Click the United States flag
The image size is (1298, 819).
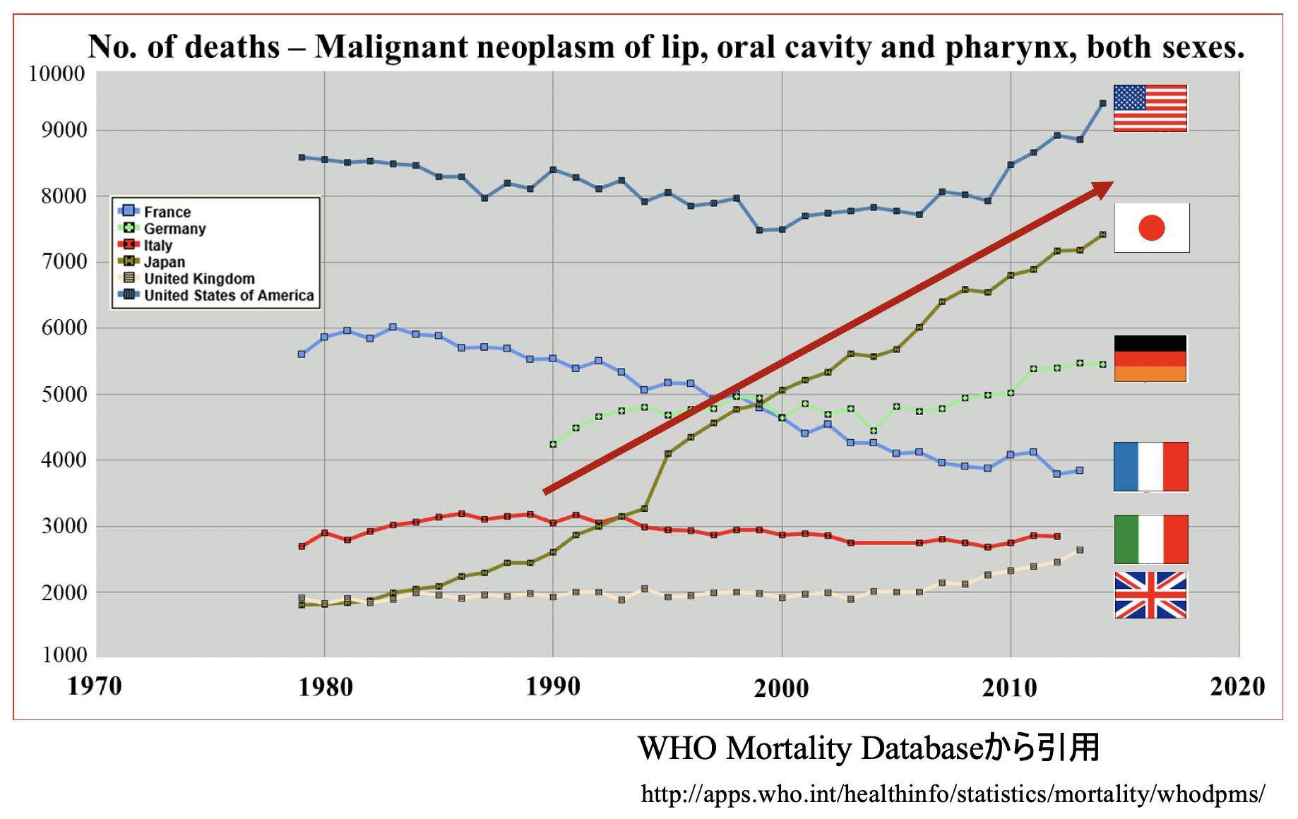coord(1150,108)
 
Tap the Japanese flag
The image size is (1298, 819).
coord(1151,227)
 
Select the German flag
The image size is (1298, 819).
coord(1150,359)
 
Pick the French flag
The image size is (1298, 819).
coord(1150,467)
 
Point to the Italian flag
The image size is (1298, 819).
coord(1150,539)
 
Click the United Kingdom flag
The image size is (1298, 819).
coord(1150,594)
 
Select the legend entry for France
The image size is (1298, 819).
coord(167,212)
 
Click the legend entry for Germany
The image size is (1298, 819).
coord(174,229)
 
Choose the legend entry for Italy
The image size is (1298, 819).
coord(157,246)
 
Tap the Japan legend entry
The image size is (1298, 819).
coord(164,262)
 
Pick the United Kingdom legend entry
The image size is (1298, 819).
coord(199,279)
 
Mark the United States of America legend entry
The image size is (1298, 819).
coord(229,295)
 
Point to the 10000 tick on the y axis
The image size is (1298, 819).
coord(56,73)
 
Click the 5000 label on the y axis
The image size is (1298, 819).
coord(63,394)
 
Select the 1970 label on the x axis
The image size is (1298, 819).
coord(94,686)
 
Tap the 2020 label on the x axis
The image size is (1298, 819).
coord(1237,686)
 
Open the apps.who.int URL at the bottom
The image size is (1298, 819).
coord(953,794)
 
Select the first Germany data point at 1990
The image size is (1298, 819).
coord(553,444)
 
